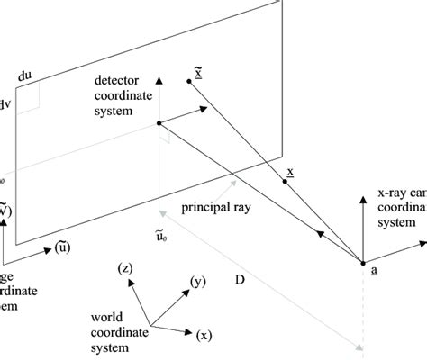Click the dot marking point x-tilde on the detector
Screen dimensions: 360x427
(188, 82)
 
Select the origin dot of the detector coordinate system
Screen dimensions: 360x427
(159, 123)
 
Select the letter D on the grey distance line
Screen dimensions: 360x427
(240, 280)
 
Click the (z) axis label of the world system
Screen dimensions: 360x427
(126, 267)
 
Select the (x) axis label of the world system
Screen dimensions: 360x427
(204, 335)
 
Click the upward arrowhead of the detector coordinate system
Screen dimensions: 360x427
(159, 80)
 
